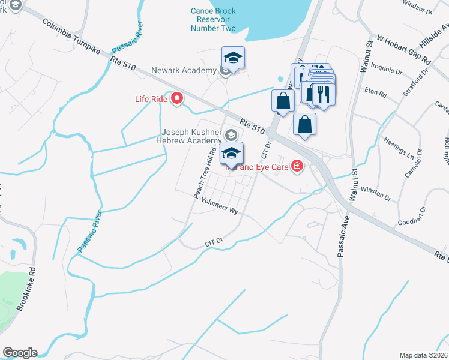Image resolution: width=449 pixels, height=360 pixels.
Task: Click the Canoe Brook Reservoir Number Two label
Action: [x=214, y=19]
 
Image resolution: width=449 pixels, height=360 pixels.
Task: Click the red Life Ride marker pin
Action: [x=177, y=98]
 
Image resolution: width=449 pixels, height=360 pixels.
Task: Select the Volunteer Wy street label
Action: [x=220, y=208]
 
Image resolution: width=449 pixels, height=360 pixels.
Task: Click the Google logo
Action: [x=19, y=353]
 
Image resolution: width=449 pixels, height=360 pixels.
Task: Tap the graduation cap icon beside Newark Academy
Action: [x=234, y=58]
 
